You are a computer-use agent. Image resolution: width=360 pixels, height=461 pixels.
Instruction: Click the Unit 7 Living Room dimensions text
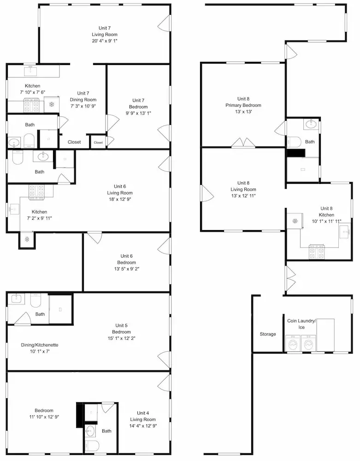coord(105,41)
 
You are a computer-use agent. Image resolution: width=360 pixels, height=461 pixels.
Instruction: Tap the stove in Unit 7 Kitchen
coord(31,106)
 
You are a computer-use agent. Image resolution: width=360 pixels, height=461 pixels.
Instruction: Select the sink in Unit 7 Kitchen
coord(30,71)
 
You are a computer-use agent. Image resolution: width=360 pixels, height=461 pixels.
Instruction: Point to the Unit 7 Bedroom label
coord(138,103)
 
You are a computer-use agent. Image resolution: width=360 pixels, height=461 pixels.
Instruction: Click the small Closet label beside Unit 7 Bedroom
coord(99,142)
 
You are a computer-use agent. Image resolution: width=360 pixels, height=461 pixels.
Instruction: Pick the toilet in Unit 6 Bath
coord(18,157)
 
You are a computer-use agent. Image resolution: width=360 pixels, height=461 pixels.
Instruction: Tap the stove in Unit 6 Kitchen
coord(36,193)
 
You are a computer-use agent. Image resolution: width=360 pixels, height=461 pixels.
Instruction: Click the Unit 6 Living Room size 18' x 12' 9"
coord(120,199)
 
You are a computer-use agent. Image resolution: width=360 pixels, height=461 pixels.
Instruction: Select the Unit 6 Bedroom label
coord(127,259)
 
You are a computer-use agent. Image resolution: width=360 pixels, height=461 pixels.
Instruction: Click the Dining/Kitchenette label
coord(40,345)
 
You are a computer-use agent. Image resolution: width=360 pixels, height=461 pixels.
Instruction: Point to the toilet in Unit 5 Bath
coord(36,300)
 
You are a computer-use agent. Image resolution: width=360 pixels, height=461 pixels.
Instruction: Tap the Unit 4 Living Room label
coord(143,416)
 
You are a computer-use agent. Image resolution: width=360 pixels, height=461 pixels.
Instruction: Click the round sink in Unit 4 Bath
coord(90,431)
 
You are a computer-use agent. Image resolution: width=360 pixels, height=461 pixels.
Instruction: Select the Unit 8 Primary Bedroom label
coord(243,102)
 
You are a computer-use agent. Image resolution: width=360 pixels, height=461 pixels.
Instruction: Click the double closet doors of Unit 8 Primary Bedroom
coord(243,142)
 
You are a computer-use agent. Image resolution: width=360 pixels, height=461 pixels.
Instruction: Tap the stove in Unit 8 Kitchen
coord(317,252)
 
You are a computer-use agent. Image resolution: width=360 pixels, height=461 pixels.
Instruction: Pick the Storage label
coord(268,334)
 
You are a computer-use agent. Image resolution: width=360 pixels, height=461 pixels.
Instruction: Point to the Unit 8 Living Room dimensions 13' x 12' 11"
coord(243,196)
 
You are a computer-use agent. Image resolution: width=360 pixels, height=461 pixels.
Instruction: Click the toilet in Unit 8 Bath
coord(294,142)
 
